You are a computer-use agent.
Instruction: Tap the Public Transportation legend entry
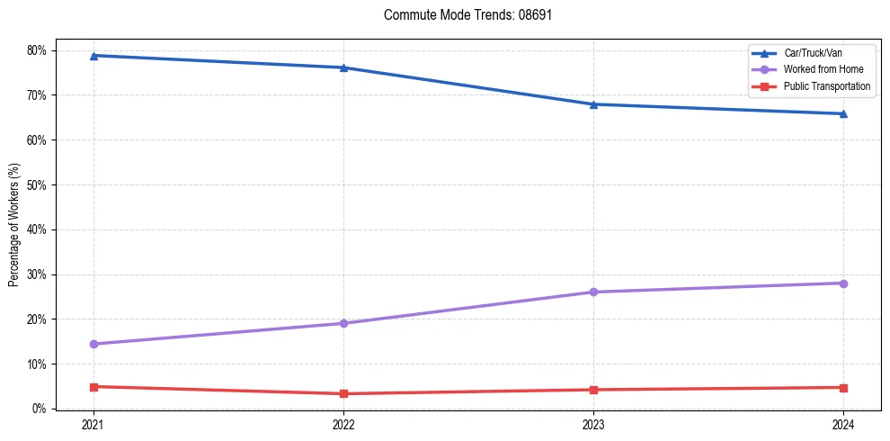pyautogui.click(x=826, y=86)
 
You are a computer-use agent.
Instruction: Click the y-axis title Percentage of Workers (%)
pyautogui.click(x=14, y=225)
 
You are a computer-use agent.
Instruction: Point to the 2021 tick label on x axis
pyautogui.click(x=93, y=425)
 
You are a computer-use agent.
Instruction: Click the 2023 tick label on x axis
pyautogui.click(x=593, y=425)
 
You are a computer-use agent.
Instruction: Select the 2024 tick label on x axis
pyautogui.click(x=843, y=425)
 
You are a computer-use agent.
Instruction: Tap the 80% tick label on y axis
pyautogui.click(x=36, y=50)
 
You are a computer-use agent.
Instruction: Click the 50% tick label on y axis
pyautogui.click(x=36, y=184)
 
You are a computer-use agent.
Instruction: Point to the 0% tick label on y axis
pyautogui.click(x=39, y=409)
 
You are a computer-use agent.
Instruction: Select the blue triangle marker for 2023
pyautogui.click(x=593, y=104)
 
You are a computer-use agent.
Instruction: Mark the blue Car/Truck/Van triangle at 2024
pyautogui.click(x=843, y=113)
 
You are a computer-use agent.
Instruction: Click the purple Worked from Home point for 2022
pyautogui.click(x=343, y=323)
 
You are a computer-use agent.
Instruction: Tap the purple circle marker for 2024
pyautogui.click(x=843, y=283)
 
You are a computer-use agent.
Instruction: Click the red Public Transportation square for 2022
pyautogui.click(x=343, y=393)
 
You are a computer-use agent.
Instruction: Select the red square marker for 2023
pyautogui.click(x=593, y=390)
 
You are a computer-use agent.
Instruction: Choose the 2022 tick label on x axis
pyautogui.click(x=343, y=425)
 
